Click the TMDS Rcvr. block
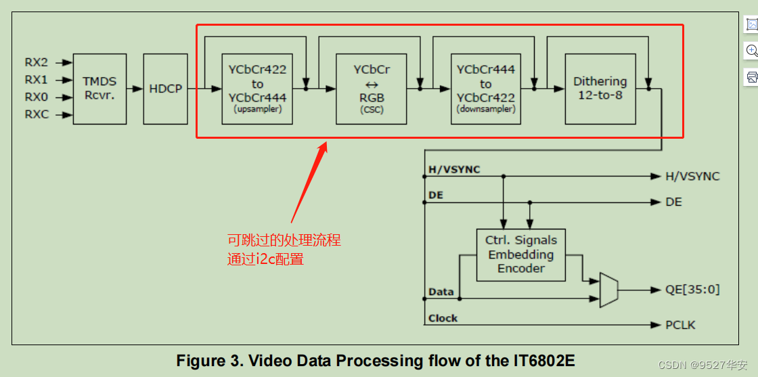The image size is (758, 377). pyautogui.click(x=99, y=89)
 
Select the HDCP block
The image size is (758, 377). pyautogui.click(x=165, y=89)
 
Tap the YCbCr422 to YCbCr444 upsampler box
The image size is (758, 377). pyautogui.click(x=257, y=89)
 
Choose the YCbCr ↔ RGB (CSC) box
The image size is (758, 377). pyautogui.click(x=372, y=89)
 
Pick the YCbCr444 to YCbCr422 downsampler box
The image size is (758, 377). pyautogui.click(x=486, y=89)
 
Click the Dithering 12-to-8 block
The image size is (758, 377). pyautogui.click(x=600, y=89)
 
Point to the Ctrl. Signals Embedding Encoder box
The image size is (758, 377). pyautogui.click(x=521, y=254)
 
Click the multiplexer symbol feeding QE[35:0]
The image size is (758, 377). pyautogui.click(x=608, y=290)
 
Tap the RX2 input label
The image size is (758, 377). pyautogui.click(x=37, y=62)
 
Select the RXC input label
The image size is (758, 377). pyautogui.click(x=37, y=114)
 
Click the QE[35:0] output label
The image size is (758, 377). pyautogui.click(x=692, y=290)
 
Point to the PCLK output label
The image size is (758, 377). pyautogui.click(x=680, y=325)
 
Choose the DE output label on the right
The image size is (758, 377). pyautogui.click(x=673, y=202)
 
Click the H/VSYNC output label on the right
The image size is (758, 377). pyautogui.click(x=692, y=176)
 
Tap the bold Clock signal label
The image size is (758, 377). pyautogui.click(x=443, y=318)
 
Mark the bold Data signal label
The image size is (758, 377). pyautogui.click(x=441, y=292)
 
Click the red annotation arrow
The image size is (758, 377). pyautogui.click(x=309, y=183)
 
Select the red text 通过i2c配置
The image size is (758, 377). pyautogui.click(x=265, y=259)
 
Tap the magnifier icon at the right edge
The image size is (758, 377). pyautogui.click(x=751, y=51)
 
